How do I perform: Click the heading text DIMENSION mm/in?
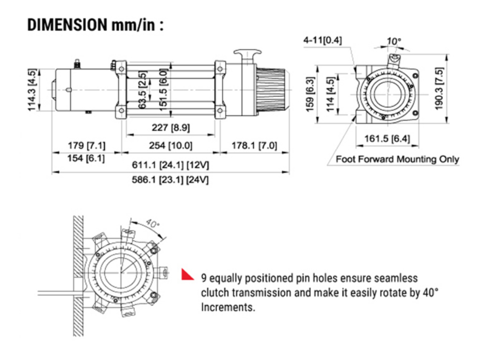[x=95, y=25]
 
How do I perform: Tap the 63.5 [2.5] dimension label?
[x=143, y=90]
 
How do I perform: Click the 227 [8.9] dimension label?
[x=171, y=128]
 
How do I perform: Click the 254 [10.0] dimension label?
[x=171, y=146]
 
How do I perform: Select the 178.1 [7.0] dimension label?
[x=254, y=146]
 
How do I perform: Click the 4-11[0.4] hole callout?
[x=322, y=40]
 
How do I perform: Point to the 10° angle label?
[x=394, y=41]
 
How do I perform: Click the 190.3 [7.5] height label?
[x=440, y=89]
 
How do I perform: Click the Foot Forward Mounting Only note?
[x=397, y=159]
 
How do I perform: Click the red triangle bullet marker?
[x=187, y=275]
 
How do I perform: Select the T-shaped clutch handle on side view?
[x=247, y=54]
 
